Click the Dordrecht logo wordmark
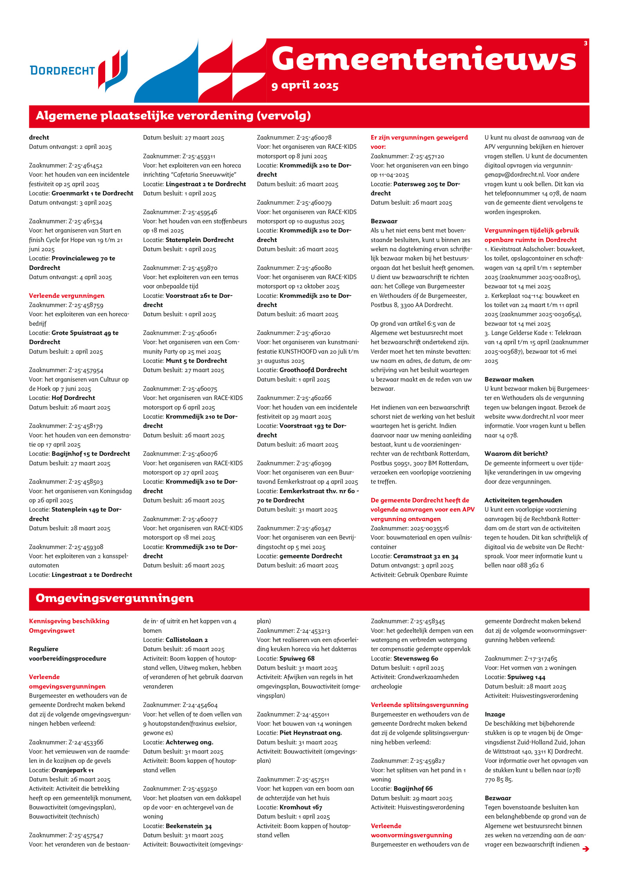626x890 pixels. click(63, 70)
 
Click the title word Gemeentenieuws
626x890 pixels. click(424, 59)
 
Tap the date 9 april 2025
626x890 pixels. click(305, 85)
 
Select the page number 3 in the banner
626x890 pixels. click(585, 43)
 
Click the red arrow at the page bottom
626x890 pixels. click(585, 849)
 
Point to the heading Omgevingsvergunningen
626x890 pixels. click(114, 598)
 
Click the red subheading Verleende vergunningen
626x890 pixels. click(67, 295)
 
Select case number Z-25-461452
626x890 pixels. click(85, 166)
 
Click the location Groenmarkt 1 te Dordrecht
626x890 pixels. click(92, 193)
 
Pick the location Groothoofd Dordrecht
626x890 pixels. click(313, 370)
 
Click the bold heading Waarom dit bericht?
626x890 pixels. click(516, 454)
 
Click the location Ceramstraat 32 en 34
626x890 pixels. click(426, 556)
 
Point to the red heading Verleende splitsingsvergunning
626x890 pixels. click(419, 705)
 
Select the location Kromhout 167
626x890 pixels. click(300, 807)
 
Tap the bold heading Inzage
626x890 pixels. click(495, 714)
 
